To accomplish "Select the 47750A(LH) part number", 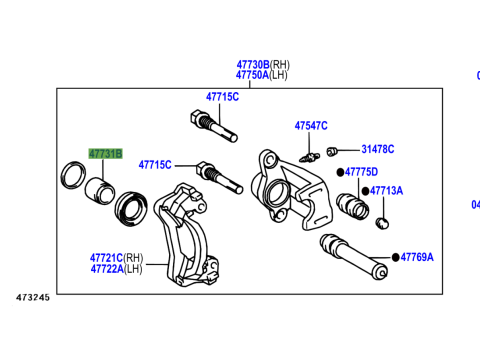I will coord(262,75).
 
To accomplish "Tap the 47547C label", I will coord(311,126).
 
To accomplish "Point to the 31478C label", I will coord(378,149).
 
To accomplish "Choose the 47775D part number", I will coord(364,172).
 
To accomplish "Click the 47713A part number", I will coord(387,190).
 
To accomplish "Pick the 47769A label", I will coord(417,257).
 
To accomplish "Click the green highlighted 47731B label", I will coord(105,154).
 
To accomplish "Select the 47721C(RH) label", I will coord(117,257).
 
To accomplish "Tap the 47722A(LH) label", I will coord(117,268).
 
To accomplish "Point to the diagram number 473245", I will coord(32,297).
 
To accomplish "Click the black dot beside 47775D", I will coord(340,172).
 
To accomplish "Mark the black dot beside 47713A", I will coord(365,190).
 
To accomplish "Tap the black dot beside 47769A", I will coord(396,257).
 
